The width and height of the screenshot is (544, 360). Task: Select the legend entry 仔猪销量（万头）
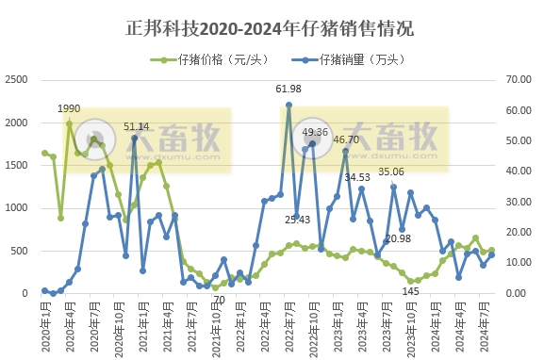(x=356, y=59)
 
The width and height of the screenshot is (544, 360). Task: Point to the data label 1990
(x=69, y=108)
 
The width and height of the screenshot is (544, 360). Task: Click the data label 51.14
(x=137, y=126)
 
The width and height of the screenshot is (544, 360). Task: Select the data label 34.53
(x=357, y=176)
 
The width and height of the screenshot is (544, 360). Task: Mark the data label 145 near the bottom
(x=411, y=291)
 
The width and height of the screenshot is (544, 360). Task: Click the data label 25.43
(x=297, y=219)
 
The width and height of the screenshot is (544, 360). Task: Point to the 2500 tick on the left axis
(x=17, y=80)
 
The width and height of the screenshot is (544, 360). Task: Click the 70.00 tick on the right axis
(x=520, y=80)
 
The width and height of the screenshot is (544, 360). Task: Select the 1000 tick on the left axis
(x=17, y=207)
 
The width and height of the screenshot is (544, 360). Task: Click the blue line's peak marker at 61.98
(x=288, y=105)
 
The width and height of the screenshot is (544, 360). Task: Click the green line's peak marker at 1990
(x=69, y=123)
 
